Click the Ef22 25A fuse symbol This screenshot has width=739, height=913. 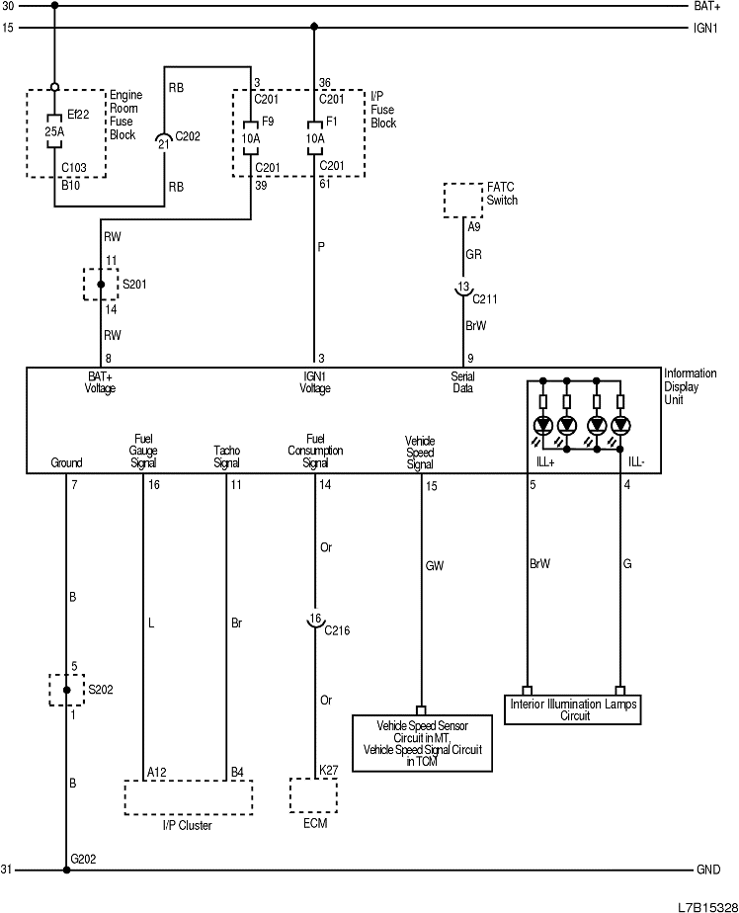click(54, 131)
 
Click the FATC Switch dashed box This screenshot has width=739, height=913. click(464, 200)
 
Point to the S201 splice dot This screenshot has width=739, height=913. click(101, 285)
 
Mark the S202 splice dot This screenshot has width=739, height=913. click(66, 689)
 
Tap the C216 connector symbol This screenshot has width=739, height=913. click(314, 622)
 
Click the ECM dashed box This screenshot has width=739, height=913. click(313, 794)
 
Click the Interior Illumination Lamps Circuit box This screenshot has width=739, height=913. click(574, 708)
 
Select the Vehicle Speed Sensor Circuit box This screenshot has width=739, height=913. click(422, 742)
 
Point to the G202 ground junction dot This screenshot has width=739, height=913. click(66, 871)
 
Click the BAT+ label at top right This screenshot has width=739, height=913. click(707, 6)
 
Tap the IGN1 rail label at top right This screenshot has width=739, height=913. click(706, 28)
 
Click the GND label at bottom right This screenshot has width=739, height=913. click(708, 871)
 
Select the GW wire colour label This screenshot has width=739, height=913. click(434, 566)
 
